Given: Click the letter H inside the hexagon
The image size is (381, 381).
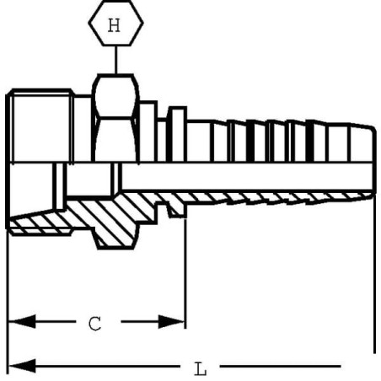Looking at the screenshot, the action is tap(114, 25).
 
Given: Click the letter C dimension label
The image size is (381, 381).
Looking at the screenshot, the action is tap(95, 324).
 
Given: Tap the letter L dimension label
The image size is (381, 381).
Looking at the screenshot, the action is tap(201, 369).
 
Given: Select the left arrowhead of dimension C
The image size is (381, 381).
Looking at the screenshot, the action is tap(22, 321).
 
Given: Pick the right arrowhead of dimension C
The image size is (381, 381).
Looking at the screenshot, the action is tap(171, 321).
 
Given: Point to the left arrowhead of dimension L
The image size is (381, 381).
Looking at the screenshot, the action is tap(22, 366).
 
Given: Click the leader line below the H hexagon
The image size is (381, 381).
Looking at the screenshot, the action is tap(115, 60).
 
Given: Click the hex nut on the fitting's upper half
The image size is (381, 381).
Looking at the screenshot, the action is tap(115, 118).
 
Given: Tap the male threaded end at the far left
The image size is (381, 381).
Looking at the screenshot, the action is tap(40, 126).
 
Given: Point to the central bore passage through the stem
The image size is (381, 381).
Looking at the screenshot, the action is tap(247, 176).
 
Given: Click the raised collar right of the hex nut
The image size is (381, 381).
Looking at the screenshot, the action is tap(148, 131).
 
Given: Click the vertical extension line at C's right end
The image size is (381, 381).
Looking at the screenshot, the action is tap(185, 273).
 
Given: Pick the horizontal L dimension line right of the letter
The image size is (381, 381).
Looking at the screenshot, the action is tap(281, 366).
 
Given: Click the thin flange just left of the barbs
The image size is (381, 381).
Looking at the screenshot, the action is tap(177, 134).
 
